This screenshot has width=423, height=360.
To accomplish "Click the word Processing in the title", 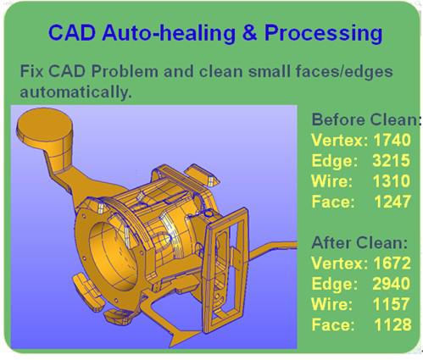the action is [x=324, y=34].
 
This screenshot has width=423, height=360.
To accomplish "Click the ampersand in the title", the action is [x=249, y=32].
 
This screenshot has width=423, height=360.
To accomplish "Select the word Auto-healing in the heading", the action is [x=169, y=33].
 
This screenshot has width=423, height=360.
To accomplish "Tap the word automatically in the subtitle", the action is [x=76, y=92].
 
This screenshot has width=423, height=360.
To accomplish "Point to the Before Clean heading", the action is [x=366, y=119].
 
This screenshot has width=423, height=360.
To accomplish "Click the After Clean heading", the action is [x=359, y=242].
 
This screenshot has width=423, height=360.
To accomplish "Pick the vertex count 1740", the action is [x=392, y=140].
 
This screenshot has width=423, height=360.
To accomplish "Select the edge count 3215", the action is [x=392, y=160].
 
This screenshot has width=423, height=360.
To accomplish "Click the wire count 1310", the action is [x=392, y=180].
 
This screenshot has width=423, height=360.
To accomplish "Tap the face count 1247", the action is [x=392, y=202].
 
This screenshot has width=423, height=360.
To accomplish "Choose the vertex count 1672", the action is [x=392, y=263].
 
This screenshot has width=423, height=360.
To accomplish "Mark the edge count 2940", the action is [x=392, y=284].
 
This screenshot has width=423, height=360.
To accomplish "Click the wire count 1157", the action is [x=392, y=304].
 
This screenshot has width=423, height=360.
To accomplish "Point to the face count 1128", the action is [x=392, y=324].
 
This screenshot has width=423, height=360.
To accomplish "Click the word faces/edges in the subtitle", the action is [x=344, y=72].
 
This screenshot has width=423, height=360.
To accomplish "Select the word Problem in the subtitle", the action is [x=125, y=71].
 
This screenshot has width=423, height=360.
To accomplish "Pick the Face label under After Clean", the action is [x=333, y=324].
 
